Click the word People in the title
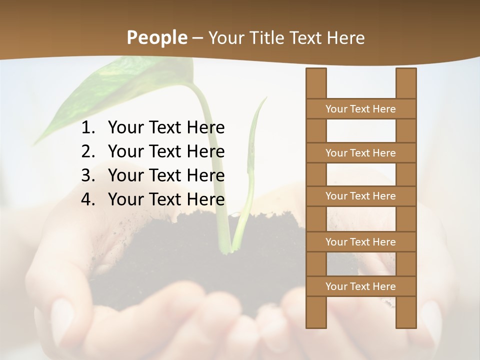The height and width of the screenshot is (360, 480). [156, 37]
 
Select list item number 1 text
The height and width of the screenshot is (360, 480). [166, 127]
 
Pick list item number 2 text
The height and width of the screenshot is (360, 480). [166, 151]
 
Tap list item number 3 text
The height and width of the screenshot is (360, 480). [166, 175]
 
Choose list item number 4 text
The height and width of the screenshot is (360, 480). [166, 199]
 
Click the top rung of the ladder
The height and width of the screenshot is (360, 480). [360, 109]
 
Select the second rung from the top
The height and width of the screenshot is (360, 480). [360, 153]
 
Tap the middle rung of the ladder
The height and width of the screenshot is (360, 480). [360, 196]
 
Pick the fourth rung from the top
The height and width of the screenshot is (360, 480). [360, 242]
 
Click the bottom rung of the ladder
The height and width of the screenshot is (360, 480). [360, 286]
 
